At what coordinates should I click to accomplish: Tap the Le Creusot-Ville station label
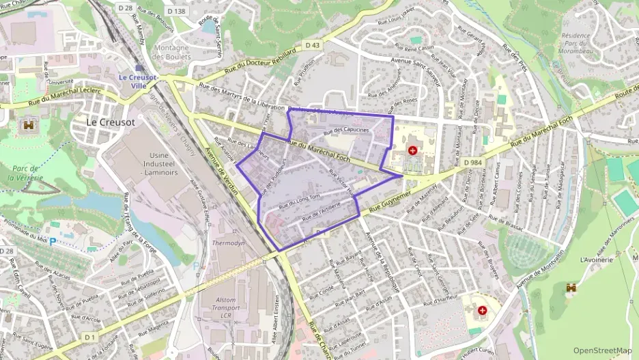[138, 82]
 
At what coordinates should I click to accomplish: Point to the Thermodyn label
[228, 243]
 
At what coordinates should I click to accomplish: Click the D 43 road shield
[313, 45]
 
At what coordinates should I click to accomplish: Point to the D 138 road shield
[175, 11]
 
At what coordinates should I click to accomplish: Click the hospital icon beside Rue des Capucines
[413, 150]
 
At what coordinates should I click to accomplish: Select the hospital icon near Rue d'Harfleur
[483, 311]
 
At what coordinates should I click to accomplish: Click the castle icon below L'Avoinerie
[571, 288]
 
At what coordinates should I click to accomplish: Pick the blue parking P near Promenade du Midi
[53, 241]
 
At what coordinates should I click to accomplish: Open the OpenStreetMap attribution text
[602, 350]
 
